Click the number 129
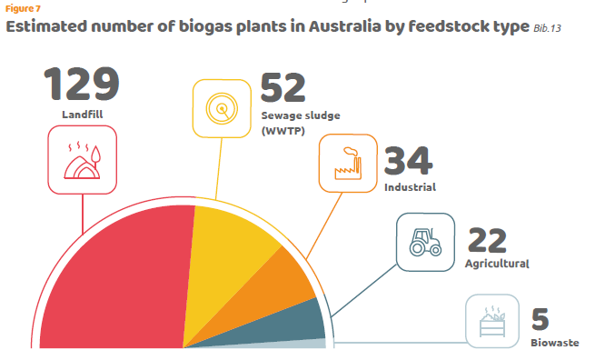82,84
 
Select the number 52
283,87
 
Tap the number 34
408,161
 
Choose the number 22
487,240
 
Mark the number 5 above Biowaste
540,319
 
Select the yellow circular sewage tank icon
222,108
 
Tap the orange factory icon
348,164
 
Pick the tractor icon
425,242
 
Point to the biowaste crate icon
492,321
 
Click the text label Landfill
83,115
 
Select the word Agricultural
497,264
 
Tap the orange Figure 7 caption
23,8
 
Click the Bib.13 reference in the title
547,28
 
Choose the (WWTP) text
283,131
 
